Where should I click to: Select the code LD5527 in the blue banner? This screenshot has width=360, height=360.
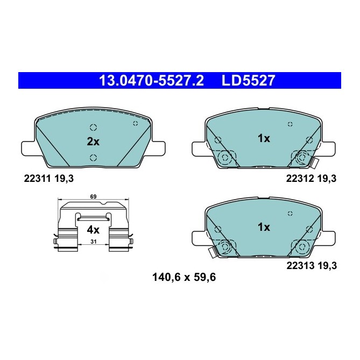248,81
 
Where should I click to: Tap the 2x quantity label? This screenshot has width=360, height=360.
93,142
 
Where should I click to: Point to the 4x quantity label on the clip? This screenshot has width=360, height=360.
93,229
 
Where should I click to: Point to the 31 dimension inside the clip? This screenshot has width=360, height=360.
93,242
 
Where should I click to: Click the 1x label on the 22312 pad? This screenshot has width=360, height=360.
263,138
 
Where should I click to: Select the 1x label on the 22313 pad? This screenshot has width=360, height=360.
263,227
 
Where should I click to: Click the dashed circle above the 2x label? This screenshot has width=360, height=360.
93,128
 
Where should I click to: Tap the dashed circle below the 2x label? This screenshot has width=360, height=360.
93,158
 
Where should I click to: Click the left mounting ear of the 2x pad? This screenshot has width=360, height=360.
27,146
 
